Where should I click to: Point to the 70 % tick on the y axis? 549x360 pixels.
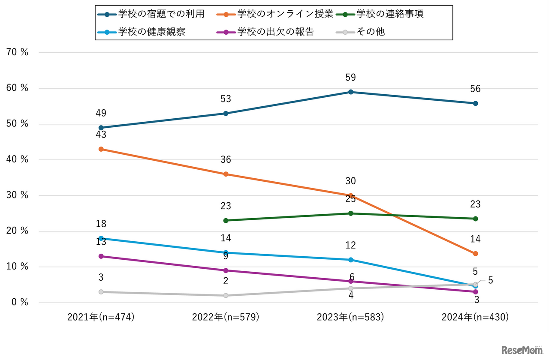(18, 53)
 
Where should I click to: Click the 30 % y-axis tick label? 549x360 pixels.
(18, 195)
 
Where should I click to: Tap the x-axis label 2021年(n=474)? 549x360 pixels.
(101, 317)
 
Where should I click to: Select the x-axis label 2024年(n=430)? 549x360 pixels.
(475, 317)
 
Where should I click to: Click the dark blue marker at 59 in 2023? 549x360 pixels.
(351, 92)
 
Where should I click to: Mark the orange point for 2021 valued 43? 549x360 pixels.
(101, 149)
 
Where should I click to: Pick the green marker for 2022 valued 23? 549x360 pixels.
(226, 221)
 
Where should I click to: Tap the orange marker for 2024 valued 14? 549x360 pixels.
(475, 254)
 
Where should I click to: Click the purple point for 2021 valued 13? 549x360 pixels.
(101, 256)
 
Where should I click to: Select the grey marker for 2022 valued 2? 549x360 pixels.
(226, 296)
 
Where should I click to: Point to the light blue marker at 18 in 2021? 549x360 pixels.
(101, 238)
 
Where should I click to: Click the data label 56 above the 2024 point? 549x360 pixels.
(475, 89)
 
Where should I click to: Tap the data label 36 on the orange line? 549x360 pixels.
(226, 160)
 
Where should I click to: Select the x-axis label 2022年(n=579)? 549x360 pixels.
(226, 317)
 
